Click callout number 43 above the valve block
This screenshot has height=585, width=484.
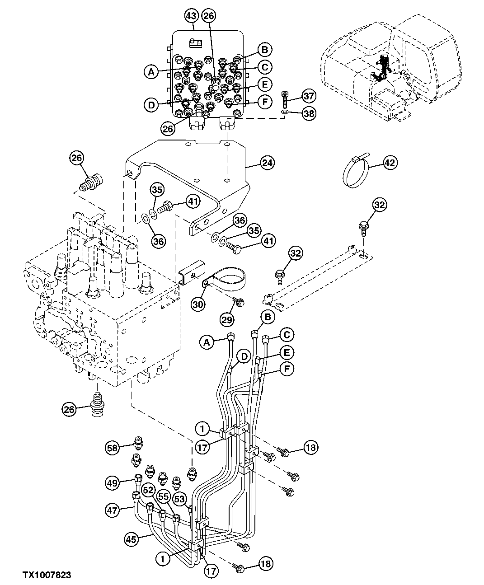pyautogui.click(x=191, y=17)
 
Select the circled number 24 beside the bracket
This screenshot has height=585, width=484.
pyautogui.click(x=267, y=163)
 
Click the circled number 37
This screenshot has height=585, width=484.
pyautogui.click(x=309, y=96)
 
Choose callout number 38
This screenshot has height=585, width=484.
pyautogui.click(x=309, y=113)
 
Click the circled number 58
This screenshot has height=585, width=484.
pyautogui.click(x=113, y=448)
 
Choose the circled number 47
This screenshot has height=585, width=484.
pyautogui.click(x=113, y=511)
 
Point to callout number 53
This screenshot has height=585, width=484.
pyautogui.click(x=180, y=499)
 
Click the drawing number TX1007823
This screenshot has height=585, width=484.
pyautogui.click(x=47, y=575)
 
